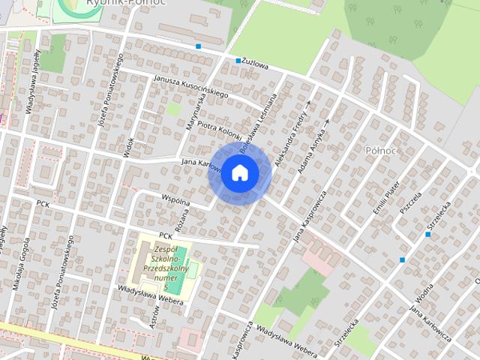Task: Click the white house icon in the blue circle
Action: click(239, 172)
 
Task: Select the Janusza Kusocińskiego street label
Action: click(190, 86)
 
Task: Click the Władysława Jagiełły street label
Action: click(34, 83)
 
